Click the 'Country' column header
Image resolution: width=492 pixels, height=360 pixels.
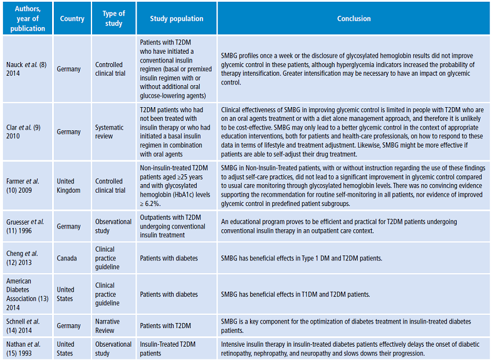point(72,19)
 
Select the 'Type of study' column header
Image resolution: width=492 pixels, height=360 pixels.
point(113,19)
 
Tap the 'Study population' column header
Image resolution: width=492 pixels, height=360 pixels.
point(177,19)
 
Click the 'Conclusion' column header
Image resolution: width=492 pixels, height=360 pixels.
point(354,19)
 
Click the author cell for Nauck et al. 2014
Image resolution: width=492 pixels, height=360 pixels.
point(27,69)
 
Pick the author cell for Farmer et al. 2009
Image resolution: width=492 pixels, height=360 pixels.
point(26,186)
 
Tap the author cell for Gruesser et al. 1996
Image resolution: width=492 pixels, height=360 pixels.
point(27,226)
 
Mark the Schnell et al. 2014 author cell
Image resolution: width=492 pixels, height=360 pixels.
point(27,326)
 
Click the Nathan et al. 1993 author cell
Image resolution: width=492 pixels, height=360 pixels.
point(27,348)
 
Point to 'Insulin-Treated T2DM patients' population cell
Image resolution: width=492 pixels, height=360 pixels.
point(168,348)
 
